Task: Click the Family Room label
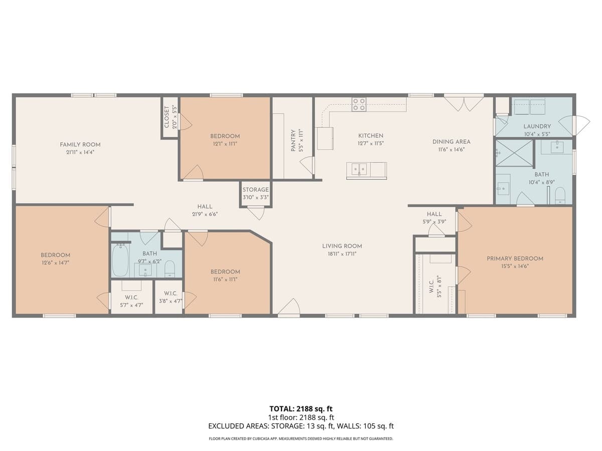click(80, 144)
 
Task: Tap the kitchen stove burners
click(359, 104)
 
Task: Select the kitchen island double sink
click(359, 169)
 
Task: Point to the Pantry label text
click(294, 141)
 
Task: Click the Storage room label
click(256, 190)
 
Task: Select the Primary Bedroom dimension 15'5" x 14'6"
click(515, 267)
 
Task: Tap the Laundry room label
click(537, 126)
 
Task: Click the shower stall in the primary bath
click(514, 153)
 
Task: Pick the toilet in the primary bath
click(560, 195)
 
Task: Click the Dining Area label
click(452, 142)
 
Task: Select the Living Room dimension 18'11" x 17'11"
click(342, 254)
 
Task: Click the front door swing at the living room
click(289, 308)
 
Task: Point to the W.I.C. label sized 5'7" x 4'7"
click(131, 297)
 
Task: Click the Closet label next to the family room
click(167, 116)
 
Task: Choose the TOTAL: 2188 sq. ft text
click(301, 408)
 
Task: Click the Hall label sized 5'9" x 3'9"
click(434, 214)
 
